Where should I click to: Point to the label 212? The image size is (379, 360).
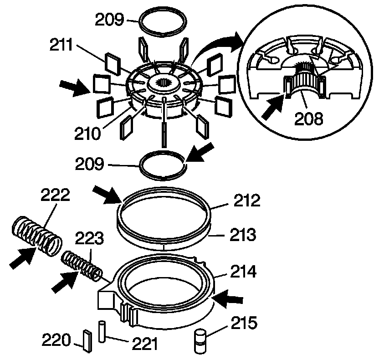pyautogui.click(x=247, y=201)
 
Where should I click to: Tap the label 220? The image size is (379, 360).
pyautogui.click(x=56, y=339)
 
